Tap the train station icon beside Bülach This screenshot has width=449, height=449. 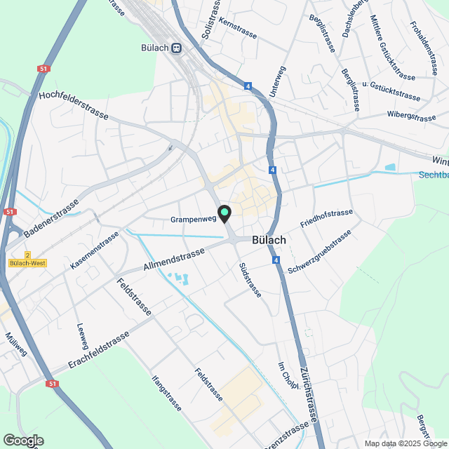click(x=177, y=48)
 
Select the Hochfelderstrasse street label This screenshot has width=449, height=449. click(x=74, y=105)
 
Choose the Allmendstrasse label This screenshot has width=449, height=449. click(x=174, y=258)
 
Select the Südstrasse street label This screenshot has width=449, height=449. click(x=250, y=280)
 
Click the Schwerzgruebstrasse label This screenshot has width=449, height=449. click(x=319, y=253)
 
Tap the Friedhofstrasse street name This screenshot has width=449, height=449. click(x=326, y=219)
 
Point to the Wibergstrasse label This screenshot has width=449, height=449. click(x=411, y=114)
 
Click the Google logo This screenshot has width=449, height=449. click(x=23, y=440)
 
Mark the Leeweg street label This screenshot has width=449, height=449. click(x=81, y=335)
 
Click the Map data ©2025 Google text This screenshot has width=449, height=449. click(x=405, y=443)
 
